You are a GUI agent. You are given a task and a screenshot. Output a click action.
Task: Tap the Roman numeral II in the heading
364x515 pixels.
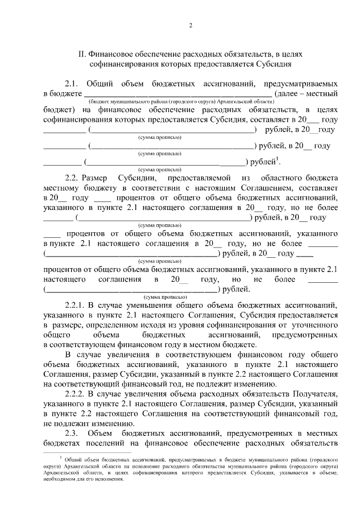click(81, 54)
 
